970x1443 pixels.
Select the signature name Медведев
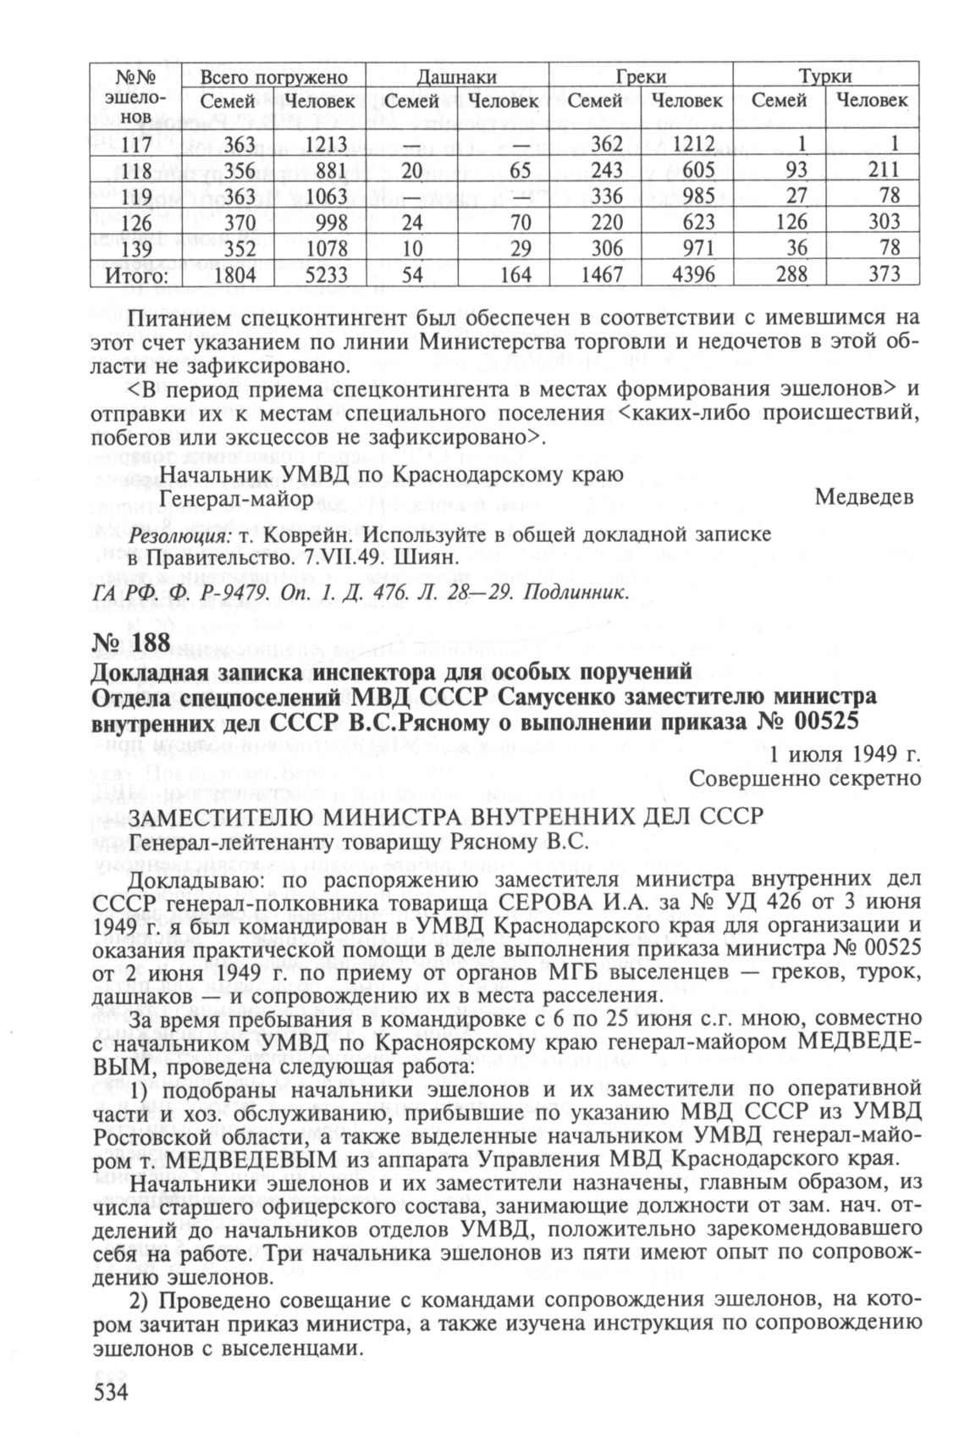864,497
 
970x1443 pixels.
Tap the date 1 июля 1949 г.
844,753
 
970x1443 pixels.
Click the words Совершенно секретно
805,777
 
